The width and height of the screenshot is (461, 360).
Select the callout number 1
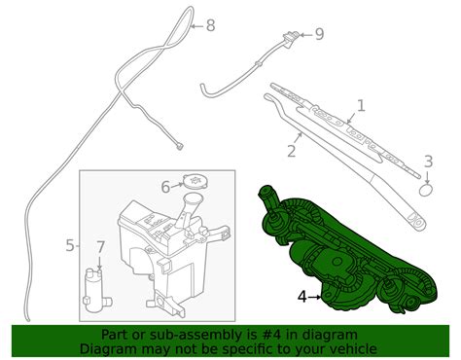point(361,106)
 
